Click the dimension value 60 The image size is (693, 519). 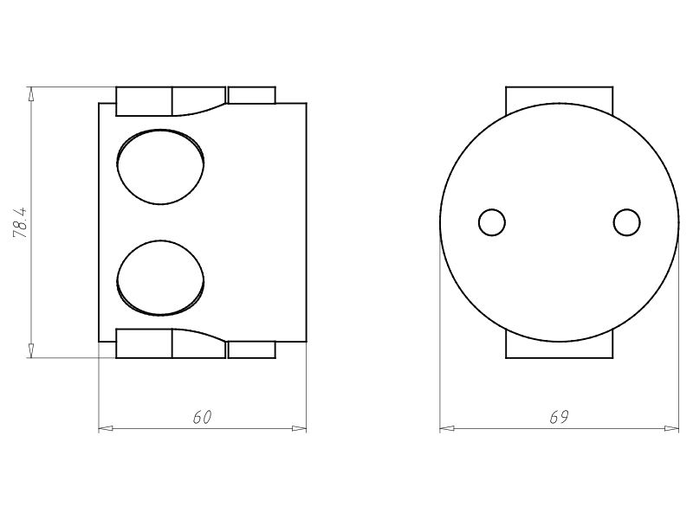[x=202, y=417]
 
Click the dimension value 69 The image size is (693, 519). [x=559, y=417]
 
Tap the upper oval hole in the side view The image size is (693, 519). [x=160, y=166]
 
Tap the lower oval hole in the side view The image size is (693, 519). [x=160, y=277]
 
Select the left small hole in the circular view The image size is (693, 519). [x=492, y=222]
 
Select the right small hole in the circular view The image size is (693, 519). [x=626, y=222]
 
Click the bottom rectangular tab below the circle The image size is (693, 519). [x=559, y=348]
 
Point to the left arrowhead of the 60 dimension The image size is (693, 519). [x=105, y=428]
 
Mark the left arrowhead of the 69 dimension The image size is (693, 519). [x=446, y=428]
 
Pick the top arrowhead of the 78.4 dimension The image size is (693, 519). [x=31, y=92]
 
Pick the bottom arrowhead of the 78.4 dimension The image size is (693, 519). [x=31, y=351]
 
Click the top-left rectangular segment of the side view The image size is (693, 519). [x=144, y=100]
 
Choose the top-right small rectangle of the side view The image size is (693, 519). [x=251, y=95]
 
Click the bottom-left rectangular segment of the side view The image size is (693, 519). [x=144, y=343]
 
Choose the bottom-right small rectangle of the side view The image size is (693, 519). [x=251, y=350]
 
